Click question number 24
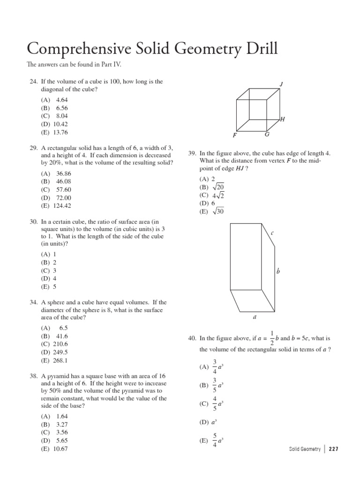33,82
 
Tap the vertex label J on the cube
281,84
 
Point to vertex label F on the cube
234,135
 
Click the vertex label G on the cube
267,135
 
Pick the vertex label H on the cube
283,120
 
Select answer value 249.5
62,352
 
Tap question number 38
33,376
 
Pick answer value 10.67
61,449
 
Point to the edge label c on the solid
272,233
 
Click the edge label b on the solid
278,271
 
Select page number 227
333,449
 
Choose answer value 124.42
63,205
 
